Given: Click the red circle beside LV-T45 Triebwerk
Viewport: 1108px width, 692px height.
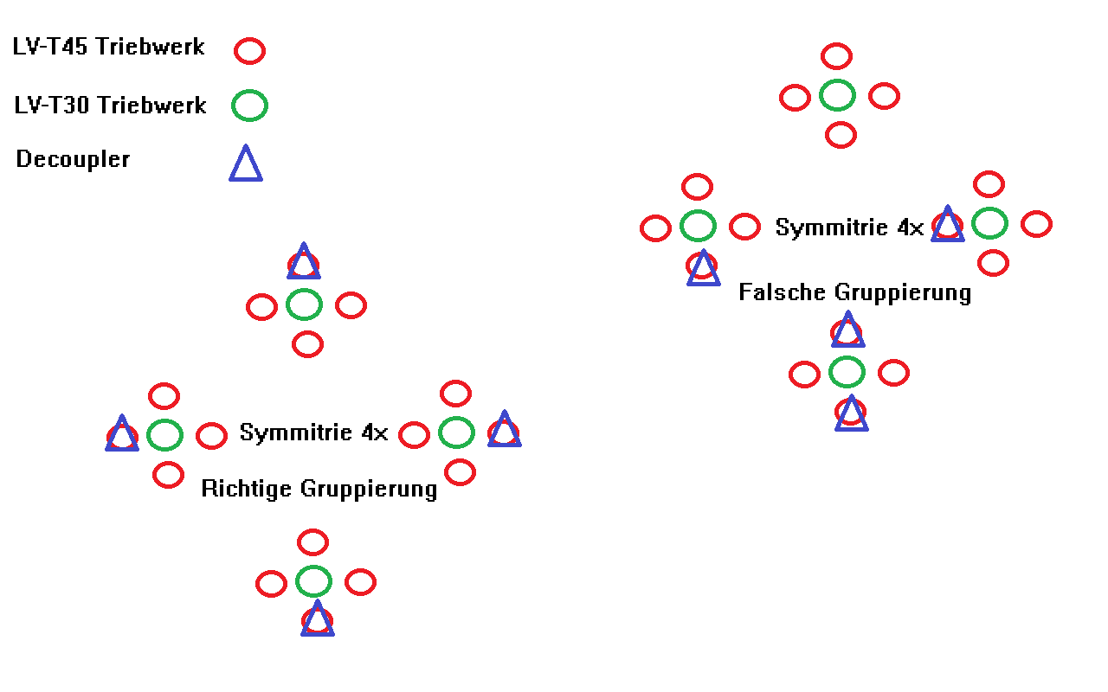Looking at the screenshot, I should pyautogui.click(x=249, y=51).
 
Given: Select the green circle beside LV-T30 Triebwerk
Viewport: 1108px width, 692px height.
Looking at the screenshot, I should pyautogui.click(x=249, y=106).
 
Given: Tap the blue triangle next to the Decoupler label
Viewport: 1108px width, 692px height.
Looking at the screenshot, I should pyautogui.click(x=246, y=164).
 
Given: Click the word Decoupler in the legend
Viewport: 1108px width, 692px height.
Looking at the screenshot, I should pyautogui.click(x=73, y=159).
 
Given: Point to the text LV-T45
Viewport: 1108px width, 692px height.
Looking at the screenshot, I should pyautogui.click(x=50, y=47).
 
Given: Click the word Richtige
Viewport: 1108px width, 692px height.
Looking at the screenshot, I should pyautogui.click(x=246, y=489).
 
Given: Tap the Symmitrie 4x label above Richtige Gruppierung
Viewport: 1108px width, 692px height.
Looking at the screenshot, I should pyautogui.click(x=313, y=432).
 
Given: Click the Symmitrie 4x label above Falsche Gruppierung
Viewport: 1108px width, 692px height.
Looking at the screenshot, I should pyautogui.click(x=849, y=227).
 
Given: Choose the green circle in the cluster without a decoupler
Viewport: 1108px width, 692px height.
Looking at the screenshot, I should pyautogui.click(x=837, y=95).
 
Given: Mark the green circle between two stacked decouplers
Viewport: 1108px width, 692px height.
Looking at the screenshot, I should pyautogui.click(x=847, y=372).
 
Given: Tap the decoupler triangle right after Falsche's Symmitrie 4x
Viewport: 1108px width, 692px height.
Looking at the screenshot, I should pyautogui.click(x=948, y=225).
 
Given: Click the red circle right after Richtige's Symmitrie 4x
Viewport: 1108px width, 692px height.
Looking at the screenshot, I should pyautogui.click(x=414, y=435).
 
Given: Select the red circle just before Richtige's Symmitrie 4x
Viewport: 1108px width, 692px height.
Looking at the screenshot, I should pyautogui.click(x=211, y=435).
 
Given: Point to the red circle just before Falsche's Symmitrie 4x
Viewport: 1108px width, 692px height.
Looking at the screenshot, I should pyautogui.click(x=744, y=227).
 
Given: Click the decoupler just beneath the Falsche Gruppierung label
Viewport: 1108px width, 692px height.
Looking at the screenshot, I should pyautogui.click(x=848, y=330).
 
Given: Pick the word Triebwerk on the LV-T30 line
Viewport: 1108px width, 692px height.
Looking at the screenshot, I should pyautogui.click(x=151, y=106).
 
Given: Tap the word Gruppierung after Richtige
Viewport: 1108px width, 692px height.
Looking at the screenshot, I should pyautogui.click(x=368, y=489).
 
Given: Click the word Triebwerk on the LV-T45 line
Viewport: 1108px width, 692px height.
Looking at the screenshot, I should pyautogui.click(x=150, y=47).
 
